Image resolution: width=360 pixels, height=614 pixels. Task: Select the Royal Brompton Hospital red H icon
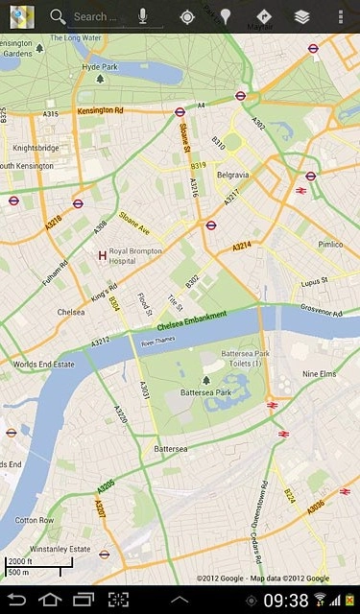tap(103, 255)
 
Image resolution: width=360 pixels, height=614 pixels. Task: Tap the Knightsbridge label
tap(36, 149)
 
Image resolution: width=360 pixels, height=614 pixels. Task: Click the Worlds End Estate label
tap(43, 365)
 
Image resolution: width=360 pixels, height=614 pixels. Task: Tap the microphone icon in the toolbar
tap(142, 16)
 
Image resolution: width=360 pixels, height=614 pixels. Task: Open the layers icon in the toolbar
tap(301, 16)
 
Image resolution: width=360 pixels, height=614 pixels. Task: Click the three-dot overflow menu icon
tap(341, 16)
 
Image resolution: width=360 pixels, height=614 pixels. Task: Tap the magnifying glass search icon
tap(58, 16)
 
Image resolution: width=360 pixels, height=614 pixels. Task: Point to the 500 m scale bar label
tap(18, 572)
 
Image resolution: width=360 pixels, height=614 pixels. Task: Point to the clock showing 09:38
tap(285, 601)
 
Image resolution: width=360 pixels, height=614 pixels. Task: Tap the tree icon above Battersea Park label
tap(205, 380)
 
